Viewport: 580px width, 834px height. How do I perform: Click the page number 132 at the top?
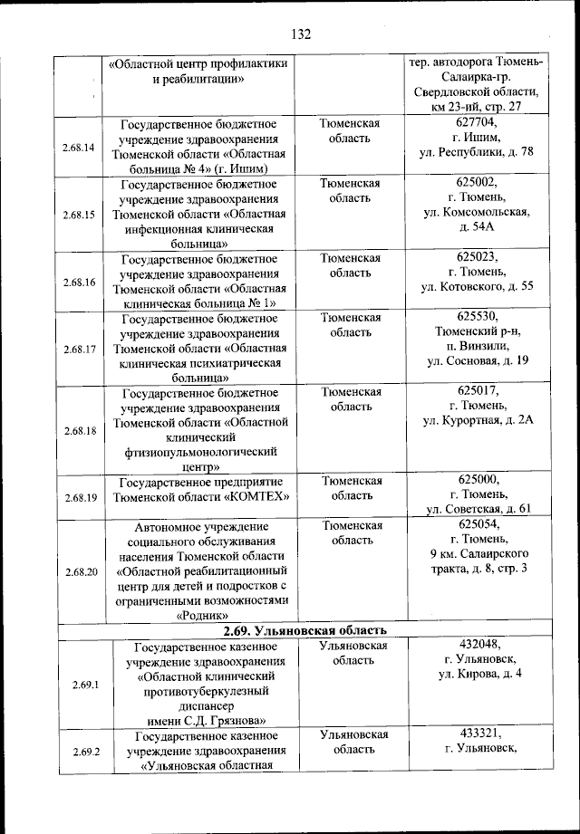pyautogui.click(x=301, y=34)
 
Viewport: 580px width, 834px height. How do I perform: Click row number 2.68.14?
pyautogui.click(x=80, y=148)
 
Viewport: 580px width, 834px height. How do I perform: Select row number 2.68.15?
pyautogui.click(x=80, y=216)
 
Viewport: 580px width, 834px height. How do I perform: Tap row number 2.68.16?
pyautogui.click(x=80, y=283)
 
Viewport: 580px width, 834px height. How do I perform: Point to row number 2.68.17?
pyautogui.click(x=80, y=349)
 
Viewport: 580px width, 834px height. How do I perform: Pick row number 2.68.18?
pyautogui.click(x=80, y=430)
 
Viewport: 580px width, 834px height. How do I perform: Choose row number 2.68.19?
pyautogui.click(x=80, y=497)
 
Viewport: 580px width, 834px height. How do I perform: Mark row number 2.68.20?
pyautogui.click(x=80, y=572)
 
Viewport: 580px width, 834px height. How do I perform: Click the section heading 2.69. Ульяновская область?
pyautogui.click(x=305, y=630)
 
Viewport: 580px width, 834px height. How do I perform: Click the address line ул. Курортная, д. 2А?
pyautogui.click(x=477, y=420)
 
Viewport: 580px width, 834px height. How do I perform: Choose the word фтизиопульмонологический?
pyautogui.click(x=201, y=453)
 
